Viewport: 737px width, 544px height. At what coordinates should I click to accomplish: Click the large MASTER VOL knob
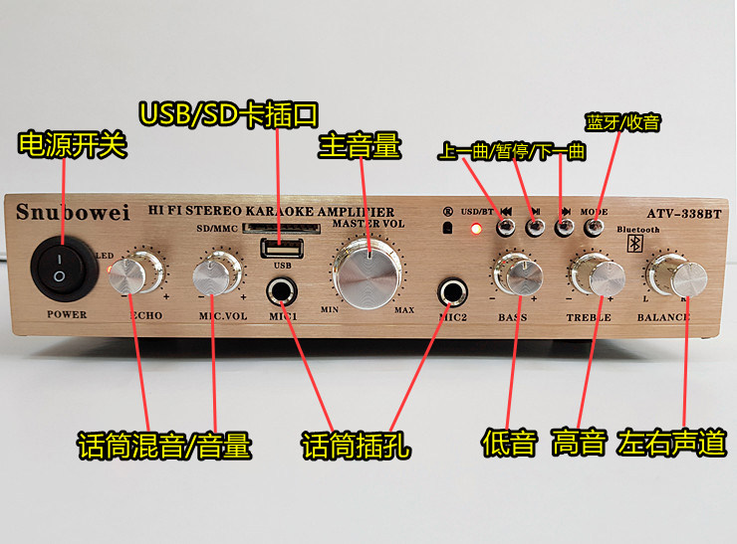tap(368, 272)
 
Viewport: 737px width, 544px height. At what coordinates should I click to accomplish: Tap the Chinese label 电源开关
tap(73, 145)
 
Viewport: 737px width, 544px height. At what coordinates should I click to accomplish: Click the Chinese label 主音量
tap(359, 146)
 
